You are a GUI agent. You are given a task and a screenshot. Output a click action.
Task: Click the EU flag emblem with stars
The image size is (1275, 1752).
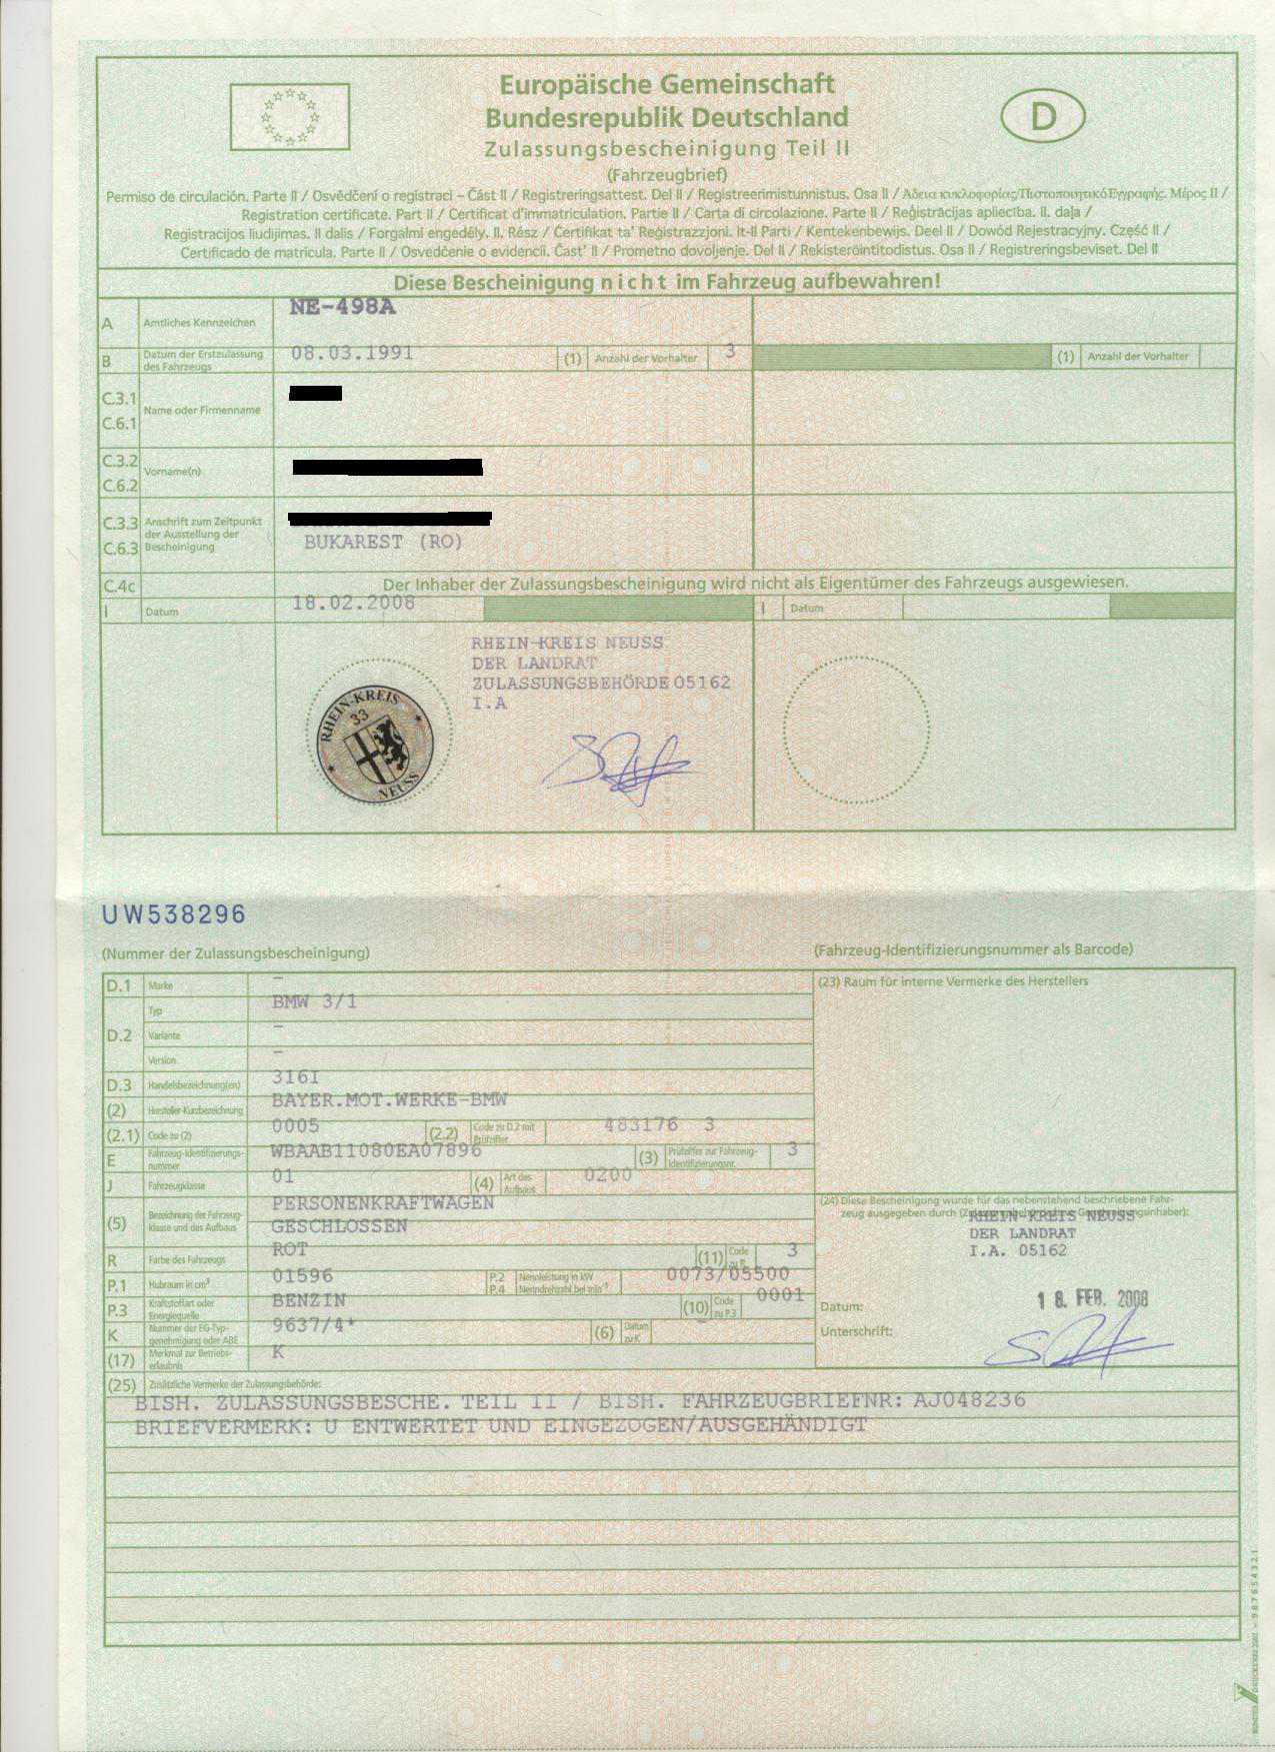pyautogui.click(x=290, y=117)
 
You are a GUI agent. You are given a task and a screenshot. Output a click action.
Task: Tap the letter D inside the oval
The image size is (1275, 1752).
pyautogui.click(x=1043, y=117)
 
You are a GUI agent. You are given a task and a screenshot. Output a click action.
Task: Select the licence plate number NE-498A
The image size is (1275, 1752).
pyautogui.click(x=342, y=307)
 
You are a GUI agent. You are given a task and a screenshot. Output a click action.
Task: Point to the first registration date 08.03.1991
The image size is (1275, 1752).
pyautogui.click(x=352, y=353)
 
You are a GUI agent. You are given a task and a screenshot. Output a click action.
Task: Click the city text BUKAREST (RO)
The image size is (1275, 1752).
pyautogui.click(x=383, y=543)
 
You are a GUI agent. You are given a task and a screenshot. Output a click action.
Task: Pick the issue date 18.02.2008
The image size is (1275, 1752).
pyautogui.click(x=353, y=603)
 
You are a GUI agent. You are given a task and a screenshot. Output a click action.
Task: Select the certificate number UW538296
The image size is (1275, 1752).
pyautogui.click(x=174, y=914)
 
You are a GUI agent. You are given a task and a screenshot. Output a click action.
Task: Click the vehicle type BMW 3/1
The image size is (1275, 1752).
pyautogui.click(x=314, y=1001)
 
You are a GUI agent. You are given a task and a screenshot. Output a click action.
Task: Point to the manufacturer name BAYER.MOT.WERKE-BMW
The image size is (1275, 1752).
pyautogui.click(x=389, y=1100)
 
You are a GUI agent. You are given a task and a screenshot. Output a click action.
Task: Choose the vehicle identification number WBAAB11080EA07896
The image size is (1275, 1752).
pyautogui.click(x=376, y=1150)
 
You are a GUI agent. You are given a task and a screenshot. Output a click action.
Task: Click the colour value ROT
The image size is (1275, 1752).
pyautogui.click(x=290, y=1249)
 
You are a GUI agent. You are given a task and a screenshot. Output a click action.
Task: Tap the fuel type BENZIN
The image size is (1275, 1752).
pyautogui.click(x=309, y=1300)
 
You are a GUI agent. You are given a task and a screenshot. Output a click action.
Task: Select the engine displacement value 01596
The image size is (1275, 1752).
pyautogui.click(x=302, y=1275)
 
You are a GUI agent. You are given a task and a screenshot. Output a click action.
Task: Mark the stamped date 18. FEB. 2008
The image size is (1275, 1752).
pyautogui.click(x=1092, y=1299)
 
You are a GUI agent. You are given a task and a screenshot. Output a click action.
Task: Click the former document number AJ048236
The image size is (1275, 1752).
pyautogui.click(x=969, y=1400)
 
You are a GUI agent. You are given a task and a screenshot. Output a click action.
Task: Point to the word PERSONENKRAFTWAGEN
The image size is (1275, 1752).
pyautogui.click(x=383, y=1203)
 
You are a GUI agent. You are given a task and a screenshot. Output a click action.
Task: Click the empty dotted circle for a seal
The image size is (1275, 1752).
pyautogui.click(x=856, y=731)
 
